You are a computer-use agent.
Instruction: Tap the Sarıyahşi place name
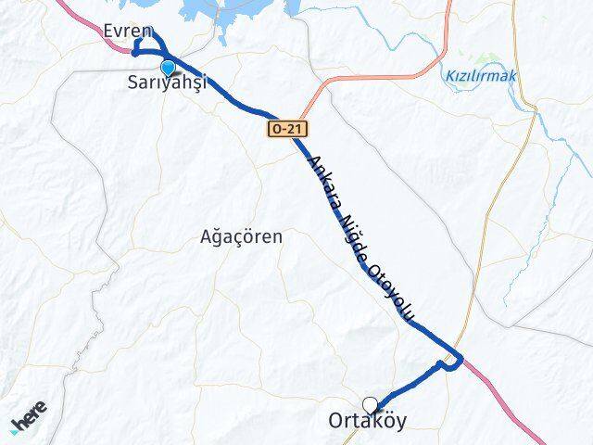[x=168, y=83]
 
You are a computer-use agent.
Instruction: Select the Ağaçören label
[x=242, y=235]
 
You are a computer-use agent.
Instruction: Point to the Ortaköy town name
[x=367, y=421]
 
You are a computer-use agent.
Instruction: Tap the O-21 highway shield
[x=287, y=129]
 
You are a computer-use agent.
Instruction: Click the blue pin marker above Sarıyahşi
[x=168, y=68]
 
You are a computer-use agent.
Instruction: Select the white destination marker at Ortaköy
[x=371, y=404]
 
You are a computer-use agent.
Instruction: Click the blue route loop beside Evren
[x=145, y=42]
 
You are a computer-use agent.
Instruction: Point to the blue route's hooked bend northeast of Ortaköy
[x=453, y=362]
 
